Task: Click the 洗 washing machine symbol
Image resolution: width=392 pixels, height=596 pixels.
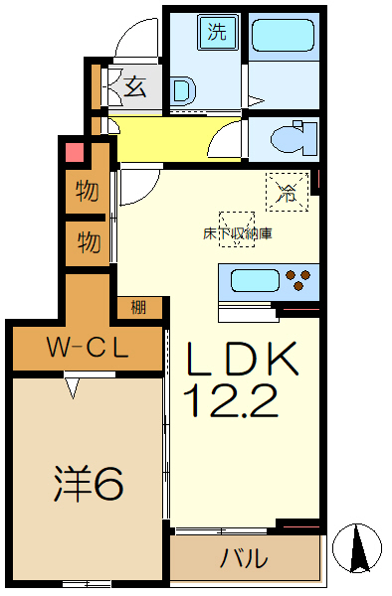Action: (217, 32)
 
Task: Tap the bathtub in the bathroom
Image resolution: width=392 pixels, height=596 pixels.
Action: (284, 37)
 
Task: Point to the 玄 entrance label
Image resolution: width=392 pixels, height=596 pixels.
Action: (134, 87)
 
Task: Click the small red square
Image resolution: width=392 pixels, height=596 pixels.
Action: (73, 153)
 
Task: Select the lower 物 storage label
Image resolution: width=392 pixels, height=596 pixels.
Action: (88, 241)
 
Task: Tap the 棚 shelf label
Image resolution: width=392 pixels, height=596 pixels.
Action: (139, 307)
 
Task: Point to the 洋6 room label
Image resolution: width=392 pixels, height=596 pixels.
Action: (88, 484)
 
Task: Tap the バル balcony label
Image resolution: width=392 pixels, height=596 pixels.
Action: (244, 558)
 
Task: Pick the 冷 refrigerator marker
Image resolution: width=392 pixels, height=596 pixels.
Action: (287, 194)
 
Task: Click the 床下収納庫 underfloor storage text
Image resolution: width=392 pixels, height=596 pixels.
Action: (238, 234)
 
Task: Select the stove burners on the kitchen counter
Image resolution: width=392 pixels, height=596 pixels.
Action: (298, 279)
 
